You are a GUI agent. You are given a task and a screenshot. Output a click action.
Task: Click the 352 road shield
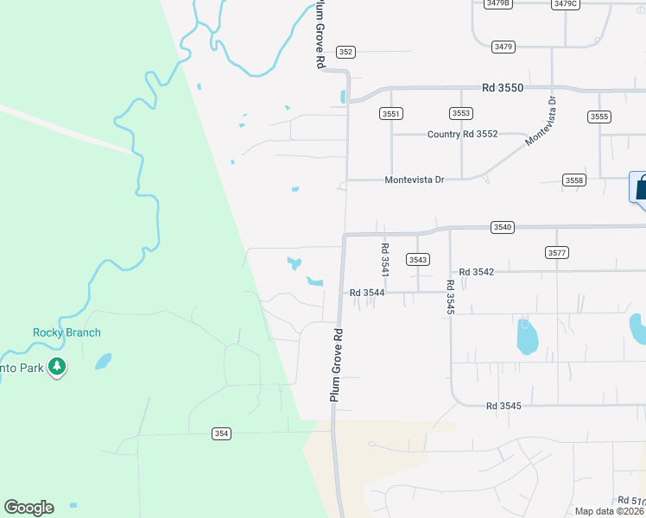(346, 52)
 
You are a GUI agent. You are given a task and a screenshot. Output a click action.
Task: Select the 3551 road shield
(391, 113)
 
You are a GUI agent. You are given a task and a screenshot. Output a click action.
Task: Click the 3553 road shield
(461, 113)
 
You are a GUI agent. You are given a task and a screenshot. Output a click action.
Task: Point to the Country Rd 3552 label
(463, 134)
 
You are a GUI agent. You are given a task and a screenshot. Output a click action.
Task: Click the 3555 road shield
(598, 117)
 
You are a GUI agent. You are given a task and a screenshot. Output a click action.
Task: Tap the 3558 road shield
(574, 180)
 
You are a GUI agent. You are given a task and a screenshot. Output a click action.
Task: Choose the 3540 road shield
(503, 227)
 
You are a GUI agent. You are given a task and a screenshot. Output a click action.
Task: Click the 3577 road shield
(557, 252)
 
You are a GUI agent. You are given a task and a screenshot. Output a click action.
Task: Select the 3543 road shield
(418, 259)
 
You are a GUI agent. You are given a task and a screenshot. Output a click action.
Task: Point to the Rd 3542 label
(476, 272)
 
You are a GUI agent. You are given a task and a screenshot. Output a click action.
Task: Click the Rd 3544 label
(367, 293)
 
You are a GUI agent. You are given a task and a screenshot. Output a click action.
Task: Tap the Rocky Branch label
(66, 332)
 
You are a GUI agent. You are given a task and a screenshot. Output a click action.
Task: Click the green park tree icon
(58, 368)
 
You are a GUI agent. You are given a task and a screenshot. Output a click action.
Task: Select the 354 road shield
(222, 433)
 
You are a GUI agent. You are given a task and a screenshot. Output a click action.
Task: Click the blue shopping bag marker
(640, 188)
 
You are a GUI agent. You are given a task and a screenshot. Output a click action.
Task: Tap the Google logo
(28, 508)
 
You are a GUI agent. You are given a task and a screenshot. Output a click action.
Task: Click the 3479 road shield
(503, 46)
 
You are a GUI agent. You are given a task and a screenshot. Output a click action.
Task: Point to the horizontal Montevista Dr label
(414, 180)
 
